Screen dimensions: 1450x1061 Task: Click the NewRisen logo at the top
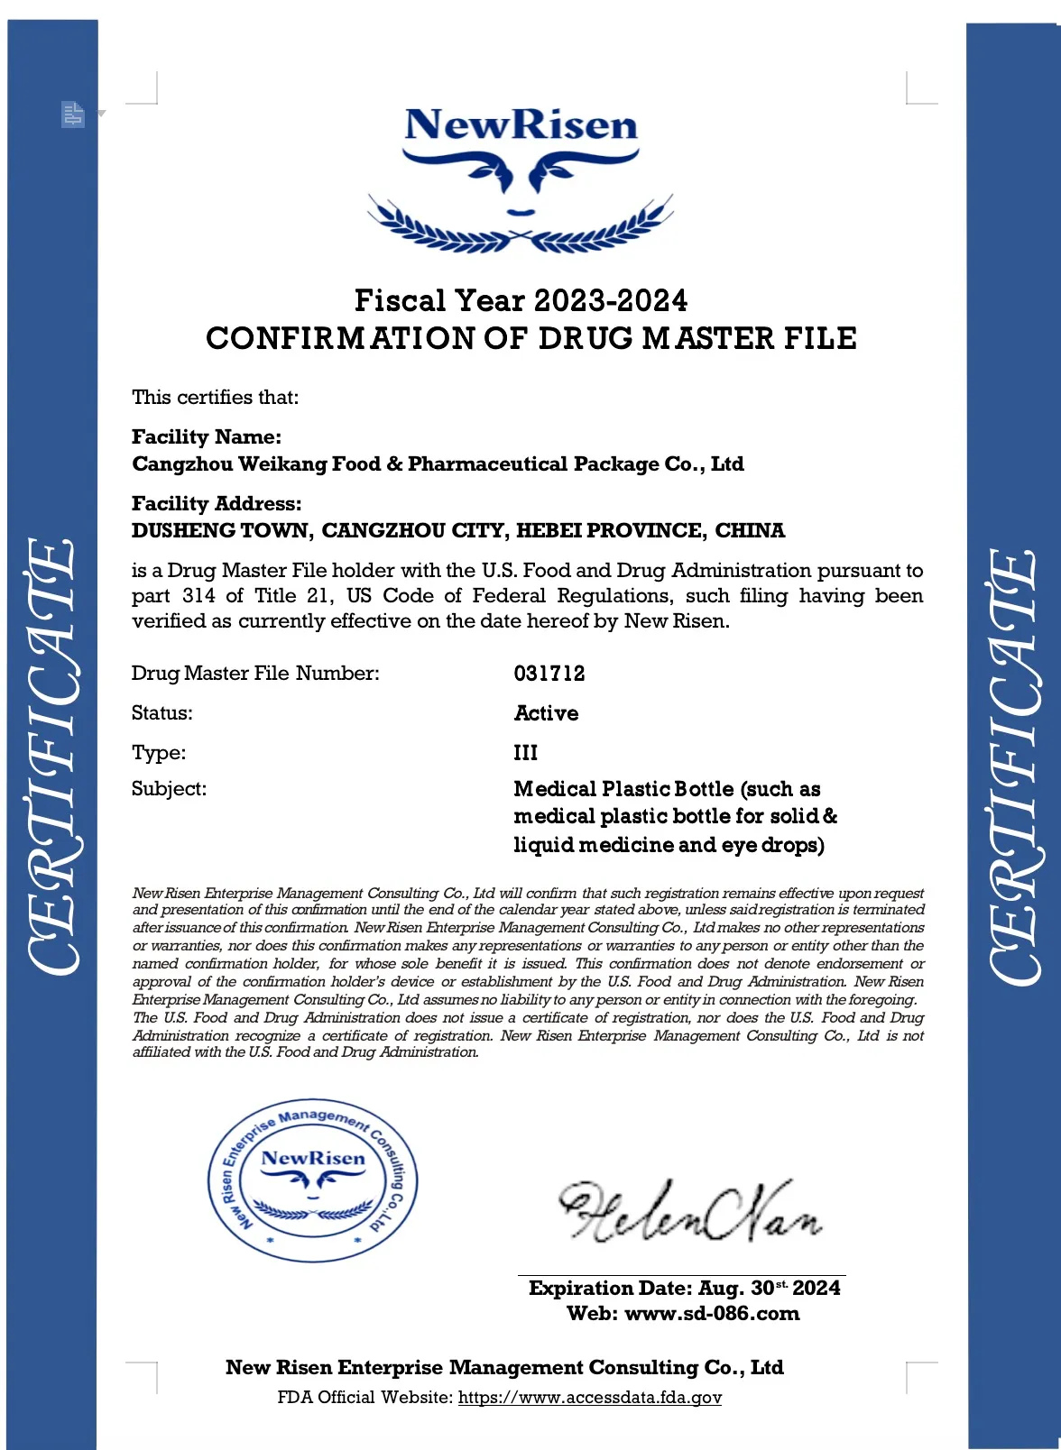click(521, 176)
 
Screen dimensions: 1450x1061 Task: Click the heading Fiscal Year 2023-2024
click(521, 300)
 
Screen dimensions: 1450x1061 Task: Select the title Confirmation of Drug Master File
click(530, 339)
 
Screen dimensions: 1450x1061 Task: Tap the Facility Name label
click(207, 437)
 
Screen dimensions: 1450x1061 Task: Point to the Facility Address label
click(217, 504)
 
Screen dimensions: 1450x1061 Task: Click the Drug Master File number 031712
click(549, 674)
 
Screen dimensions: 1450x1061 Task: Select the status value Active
click(546, 713)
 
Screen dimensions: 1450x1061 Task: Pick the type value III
click(525, 753)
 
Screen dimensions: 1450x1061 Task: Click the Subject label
click(169, 789)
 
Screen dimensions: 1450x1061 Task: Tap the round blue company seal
click(313, 1180)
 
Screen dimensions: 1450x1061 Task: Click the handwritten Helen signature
click(690, 1212)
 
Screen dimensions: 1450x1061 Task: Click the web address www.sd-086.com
click(712, 1314)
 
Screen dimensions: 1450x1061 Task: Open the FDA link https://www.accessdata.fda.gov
click(590, 1398)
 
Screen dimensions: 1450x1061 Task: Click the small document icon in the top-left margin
click(73, 115)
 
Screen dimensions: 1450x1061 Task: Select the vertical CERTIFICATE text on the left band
click(52, 756)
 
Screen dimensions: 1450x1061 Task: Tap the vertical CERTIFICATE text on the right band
click(1012, 766)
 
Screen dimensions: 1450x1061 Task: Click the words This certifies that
click(215, 398)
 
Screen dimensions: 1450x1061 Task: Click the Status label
click(162, 713)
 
